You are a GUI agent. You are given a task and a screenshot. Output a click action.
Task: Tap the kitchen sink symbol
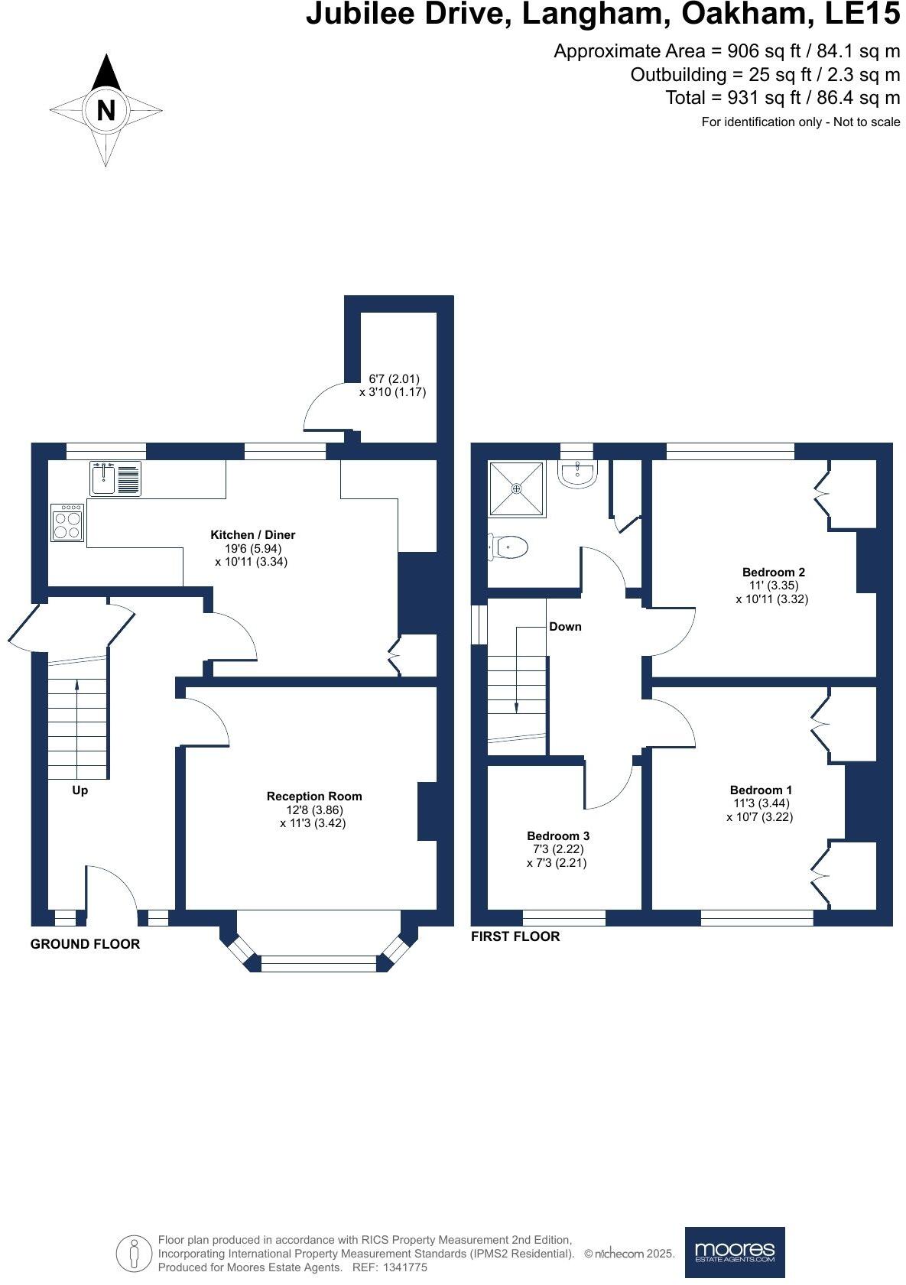tap(115, 479)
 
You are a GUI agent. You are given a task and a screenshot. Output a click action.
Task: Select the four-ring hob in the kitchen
tap(68, 524)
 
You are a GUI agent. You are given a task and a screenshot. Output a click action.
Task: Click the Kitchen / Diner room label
tap(252, 535)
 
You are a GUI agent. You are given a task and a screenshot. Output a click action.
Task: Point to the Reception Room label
tap(313, 796)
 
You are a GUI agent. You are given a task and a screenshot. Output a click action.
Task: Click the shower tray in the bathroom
tap(517, 488)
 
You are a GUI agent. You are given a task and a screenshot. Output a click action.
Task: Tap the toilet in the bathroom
tap(508, 547)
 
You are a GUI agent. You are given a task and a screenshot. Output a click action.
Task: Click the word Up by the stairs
tap(80, 790)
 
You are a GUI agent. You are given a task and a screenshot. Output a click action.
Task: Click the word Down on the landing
tap(565, 626)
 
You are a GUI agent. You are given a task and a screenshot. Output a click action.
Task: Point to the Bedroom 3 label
tap(557, 836)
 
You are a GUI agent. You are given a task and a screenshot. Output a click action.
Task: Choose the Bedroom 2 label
tap(773, 572)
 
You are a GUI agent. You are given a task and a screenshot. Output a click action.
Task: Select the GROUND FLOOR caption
tap(85, 944)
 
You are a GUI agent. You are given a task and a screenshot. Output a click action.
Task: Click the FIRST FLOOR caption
tap(515, 936)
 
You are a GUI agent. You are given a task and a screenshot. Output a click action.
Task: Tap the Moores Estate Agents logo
tap(734, 1251)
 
